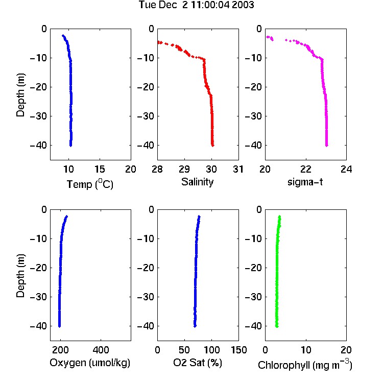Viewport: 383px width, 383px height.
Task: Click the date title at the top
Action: pyautogui.click(x=197, y=5)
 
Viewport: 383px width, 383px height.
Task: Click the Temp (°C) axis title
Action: pyautogui.click(x=90, y=184)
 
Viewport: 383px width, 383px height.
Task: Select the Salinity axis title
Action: pyautogui.click(x=197, y=182)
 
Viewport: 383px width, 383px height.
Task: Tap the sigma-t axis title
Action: pyautogui.click(x=305, y=182)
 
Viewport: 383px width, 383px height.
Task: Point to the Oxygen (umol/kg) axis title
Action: pyautogui.click(x=90, y=363)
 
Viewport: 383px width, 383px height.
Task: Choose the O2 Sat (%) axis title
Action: pyautogui.click(x=198, y=363)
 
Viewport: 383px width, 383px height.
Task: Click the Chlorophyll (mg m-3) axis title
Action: pyautogui.click(x=305, y=365)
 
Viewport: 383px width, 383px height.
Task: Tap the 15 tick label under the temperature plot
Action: pyautogui.click(x=100, y=169)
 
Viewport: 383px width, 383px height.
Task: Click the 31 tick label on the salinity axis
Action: pyautogui.click(x=238, y=169)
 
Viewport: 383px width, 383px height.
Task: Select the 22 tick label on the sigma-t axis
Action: pyautogui.click(x=305, y=169)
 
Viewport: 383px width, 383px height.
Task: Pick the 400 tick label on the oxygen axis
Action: pyautogui.click(x=101, y=350)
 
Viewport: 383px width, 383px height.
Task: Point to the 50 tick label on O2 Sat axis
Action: pyautogui.click(x=184, y=350)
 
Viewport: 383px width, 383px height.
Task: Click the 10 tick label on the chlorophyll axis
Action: pyautogui.click(x=305, y=350)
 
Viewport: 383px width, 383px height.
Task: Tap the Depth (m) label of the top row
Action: pyautogui.click(x=20, y=95)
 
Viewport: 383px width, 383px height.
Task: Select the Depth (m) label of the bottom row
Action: pyautogui.click(x=20, y=276)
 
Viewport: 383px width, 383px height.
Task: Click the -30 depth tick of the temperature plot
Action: pyautogui.click(x=38, y=116)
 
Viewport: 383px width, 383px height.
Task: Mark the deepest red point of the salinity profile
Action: pyautogui.click(x=213, y=146)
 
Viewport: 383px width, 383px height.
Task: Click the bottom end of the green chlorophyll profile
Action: pyautogui.click(x=277, y=326)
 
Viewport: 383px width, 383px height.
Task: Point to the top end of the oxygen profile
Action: pyautogui.click(x=66, y=217)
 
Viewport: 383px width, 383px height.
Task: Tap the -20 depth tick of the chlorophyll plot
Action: pyautogui.click(x=253, y=268)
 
